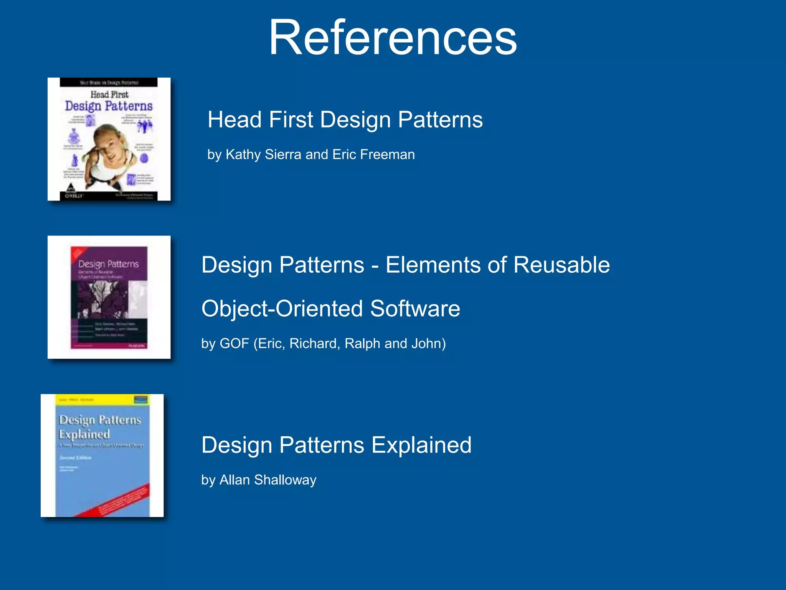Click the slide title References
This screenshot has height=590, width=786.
tap(393, 38)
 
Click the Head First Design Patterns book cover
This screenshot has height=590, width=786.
tap(109, 139)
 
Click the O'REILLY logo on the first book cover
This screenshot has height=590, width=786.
tap(73, 196)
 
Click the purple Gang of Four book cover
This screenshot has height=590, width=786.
tap(109, 297)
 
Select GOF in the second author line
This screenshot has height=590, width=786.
tap(234, 343)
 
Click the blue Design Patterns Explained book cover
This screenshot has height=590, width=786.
tap(102, 456)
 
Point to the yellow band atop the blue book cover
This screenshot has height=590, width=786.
tap(102, 399)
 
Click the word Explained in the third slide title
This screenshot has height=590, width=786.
tap(421, 445)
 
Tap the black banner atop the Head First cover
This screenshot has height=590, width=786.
tap(109, 82)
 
